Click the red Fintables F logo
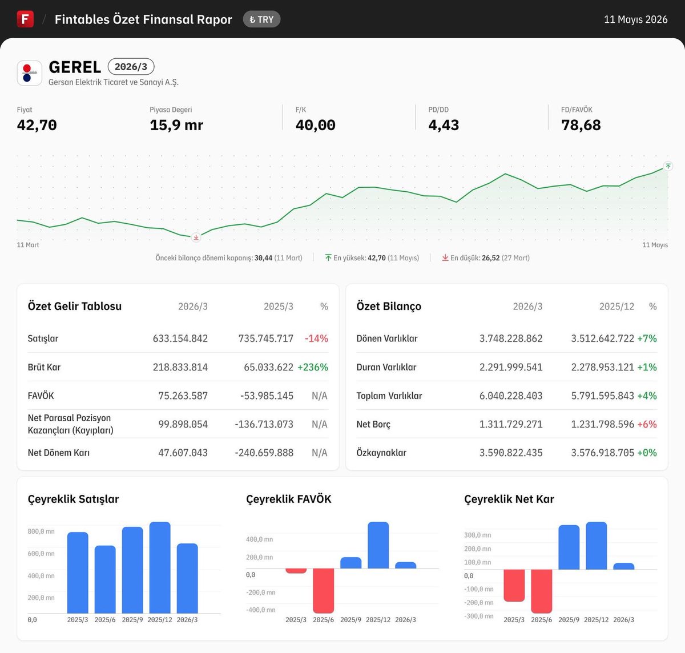point(25,19)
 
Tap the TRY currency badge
point(261,19)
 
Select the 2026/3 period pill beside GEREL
point(131,67)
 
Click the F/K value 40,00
point(315,125)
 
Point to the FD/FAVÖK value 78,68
point(581,125)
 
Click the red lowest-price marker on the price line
point(196,237)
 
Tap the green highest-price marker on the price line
point(668,166)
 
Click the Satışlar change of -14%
point(316,338)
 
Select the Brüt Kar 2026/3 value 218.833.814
point(180,367)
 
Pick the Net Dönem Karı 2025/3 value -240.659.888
point(264,453)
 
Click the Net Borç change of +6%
point(647,424)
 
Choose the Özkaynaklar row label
point(381,453)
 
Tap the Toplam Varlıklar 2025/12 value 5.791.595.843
point(602,396)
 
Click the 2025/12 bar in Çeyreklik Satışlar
point(160,567)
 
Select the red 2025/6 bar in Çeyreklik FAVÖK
point(323,591)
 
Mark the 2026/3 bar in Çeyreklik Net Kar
point(624,566)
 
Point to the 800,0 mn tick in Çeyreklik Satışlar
point(41,531)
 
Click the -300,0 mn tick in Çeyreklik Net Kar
point(479,616)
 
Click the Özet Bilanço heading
point(389,306)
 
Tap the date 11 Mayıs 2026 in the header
point(635,19)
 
